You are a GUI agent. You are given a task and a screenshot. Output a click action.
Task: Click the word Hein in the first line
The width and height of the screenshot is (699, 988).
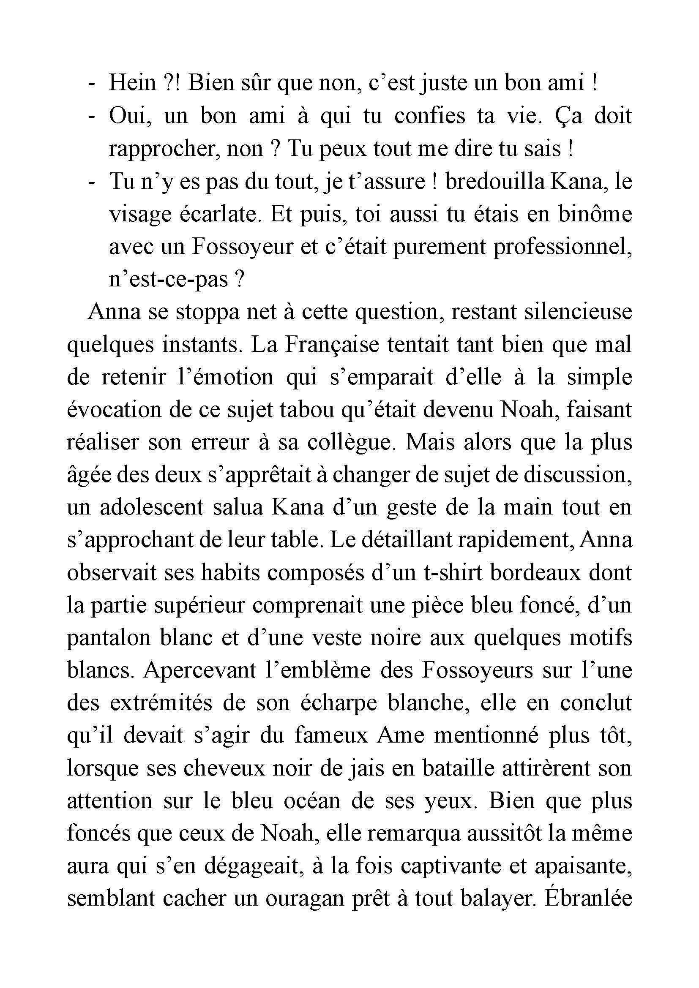pyautogui.click(x=132, y=83)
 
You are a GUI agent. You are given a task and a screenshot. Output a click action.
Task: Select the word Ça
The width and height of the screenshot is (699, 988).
pyautogui.click(x=568, y=116)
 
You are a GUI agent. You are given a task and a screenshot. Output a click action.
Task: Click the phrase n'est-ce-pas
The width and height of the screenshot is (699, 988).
pyautogui.click(x=168, y=280)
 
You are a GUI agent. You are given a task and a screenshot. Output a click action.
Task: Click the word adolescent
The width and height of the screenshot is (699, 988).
pyautogui.click(x=152, y=508)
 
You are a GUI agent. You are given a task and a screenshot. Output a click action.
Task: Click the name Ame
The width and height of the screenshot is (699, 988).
pyautogui.click(x=401, y=736)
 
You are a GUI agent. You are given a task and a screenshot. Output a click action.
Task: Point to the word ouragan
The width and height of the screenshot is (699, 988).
pyautogui.click(x=305, y=898)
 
